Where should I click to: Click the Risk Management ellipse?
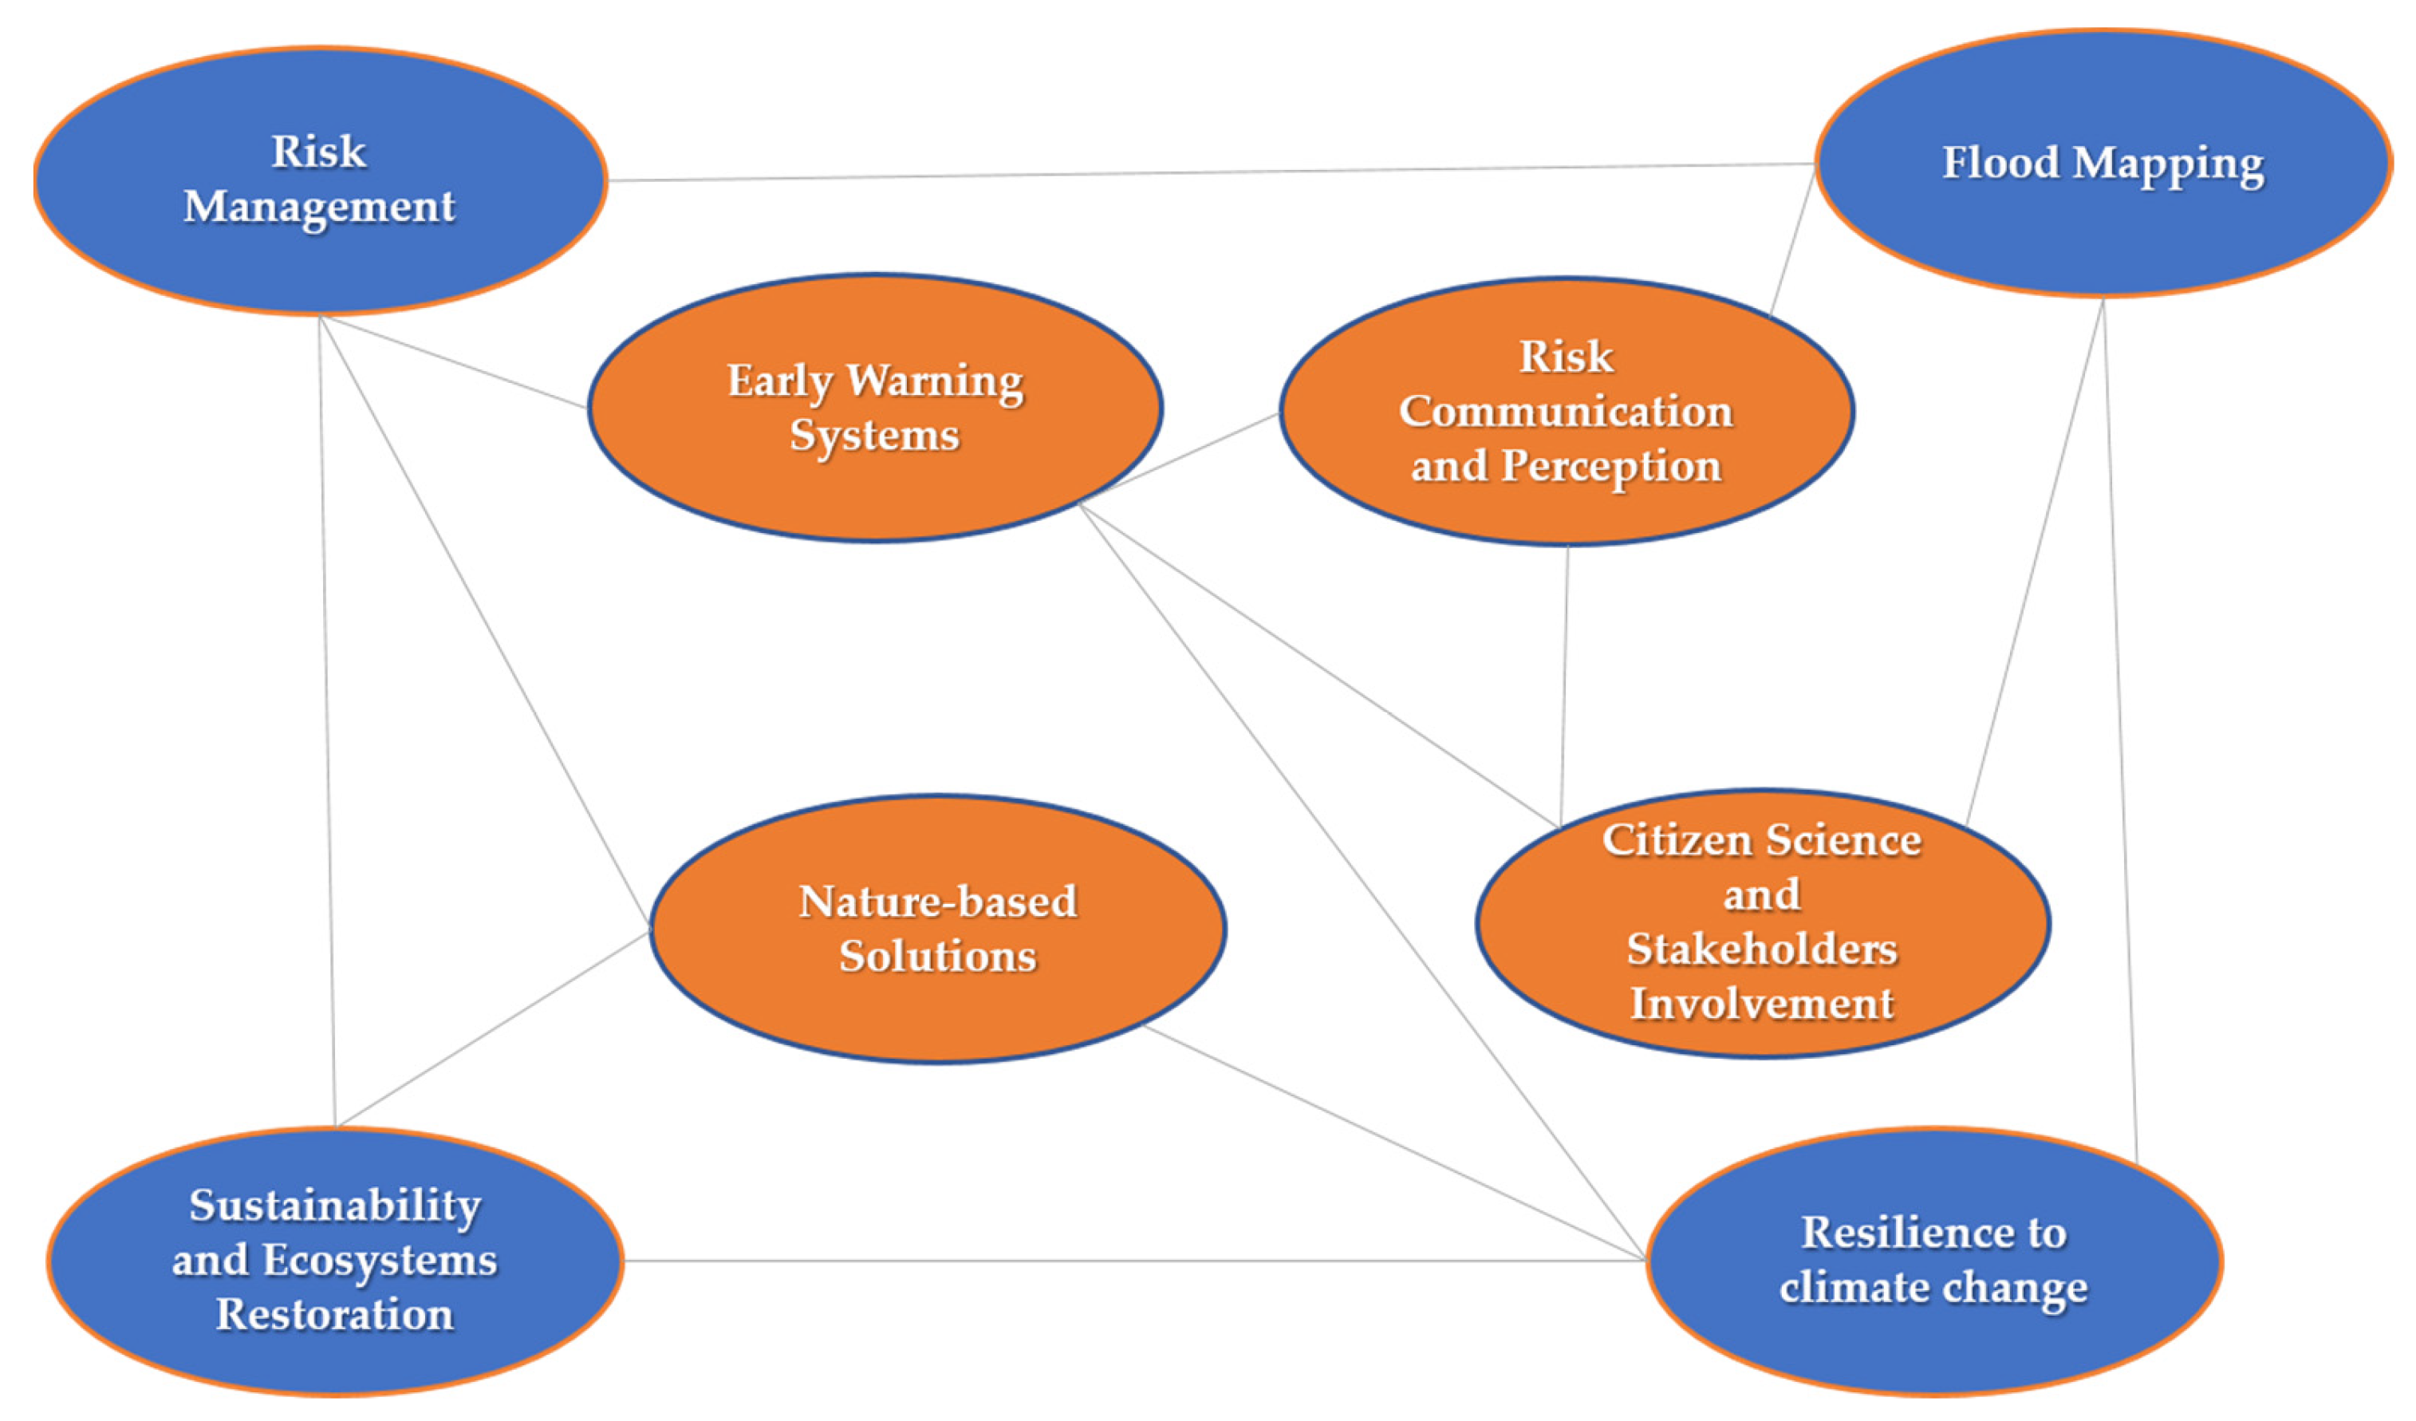(x=320, y=249)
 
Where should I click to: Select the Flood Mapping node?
(x=2103, y=230)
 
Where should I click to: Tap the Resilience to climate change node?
(x=1933, y=1342)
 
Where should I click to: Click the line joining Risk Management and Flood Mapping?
(x=1208, y=172)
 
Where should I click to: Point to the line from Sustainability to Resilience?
(x=1131, y=1261)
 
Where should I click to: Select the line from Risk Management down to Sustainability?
(x=327, y=719)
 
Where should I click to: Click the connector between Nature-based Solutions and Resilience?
(x=1390, y=1141)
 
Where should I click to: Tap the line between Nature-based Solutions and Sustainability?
(x=494, y=1028)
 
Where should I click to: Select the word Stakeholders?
(x=1761, y=949)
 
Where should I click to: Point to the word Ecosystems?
(x=380, y=1260)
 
